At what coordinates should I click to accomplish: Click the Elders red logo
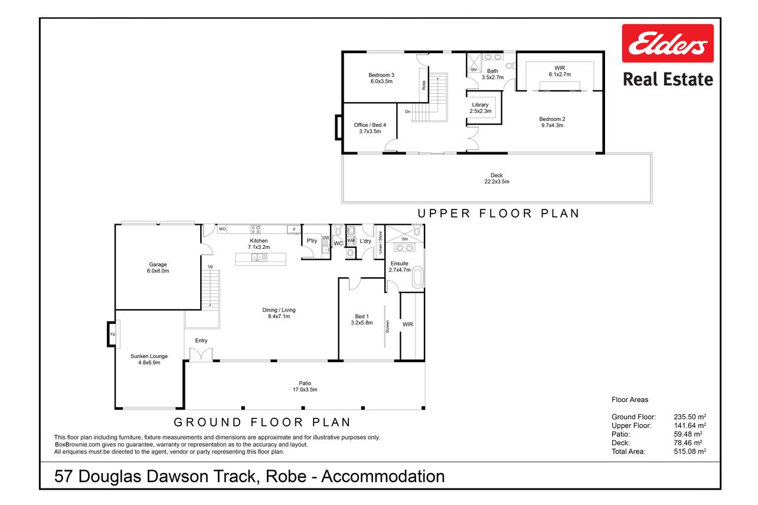[668, 43]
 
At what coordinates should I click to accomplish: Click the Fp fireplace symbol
[113, 334]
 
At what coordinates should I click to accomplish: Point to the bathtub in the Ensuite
[418, 277]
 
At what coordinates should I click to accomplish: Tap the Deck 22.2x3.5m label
[496, 178]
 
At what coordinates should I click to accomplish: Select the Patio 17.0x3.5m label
[305, 386]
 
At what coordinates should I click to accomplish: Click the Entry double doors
[201, 355]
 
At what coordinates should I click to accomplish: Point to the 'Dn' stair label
[407, 112]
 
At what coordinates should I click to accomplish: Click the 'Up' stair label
[210, 267]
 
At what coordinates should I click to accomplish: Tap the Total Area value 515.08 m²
[690, 451]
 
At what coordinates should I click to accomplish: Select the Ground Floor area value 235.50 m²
[690, 417]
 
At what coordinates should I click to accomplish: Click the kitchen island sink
[259, 257]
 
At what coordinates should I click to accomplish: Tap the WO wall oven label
[222, 229]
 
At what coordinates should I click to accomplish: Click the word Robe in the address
[286, 476]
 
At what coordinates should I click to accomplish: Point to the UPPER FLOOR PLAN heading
[499, 214]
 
